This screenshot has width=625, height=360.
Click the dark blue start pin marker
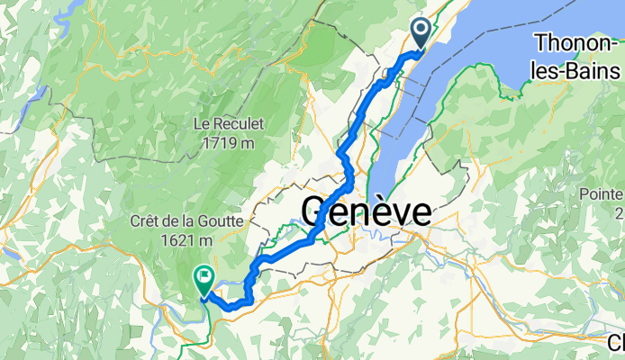(x=423, y=33)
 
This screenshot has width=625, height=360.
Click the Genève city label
(x=366, y=214)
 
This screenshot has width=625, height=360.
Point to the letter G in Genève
(x=315, y=214)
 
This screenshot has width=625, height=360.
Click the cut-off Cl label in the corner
(x=616, y=343)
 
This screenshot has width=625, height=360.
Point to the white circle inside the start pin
(x=423, y=29)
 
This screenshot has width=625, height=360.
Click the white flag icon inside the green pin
(x=204, y=276)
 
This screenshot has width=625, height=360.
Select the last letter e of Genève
(x=420, y=214)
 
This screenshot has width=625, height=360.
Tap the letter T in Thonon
(x=539, y=42)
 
